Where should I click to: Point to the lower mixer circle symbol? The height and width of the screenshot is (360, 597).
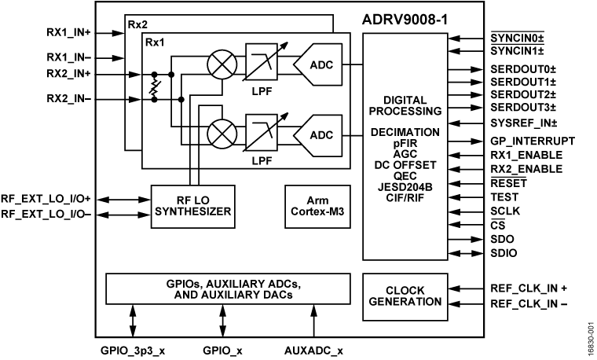pyautogui.click(x=218, y=128)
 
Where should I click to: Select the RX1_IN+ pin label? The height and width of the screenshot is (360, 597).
pyautogui.click(x=68, y=35)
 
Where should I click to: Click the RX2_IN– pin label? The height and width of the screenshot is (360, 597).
pyautogui.click(x=68, y=99)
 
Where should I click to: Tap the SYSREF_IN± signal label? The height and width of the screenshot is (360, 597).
pyautogui.click(x=523, y=123)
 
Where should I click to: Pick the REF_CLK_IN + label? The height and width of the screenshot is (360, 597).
pyautogui.click(x=529, y=288)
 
